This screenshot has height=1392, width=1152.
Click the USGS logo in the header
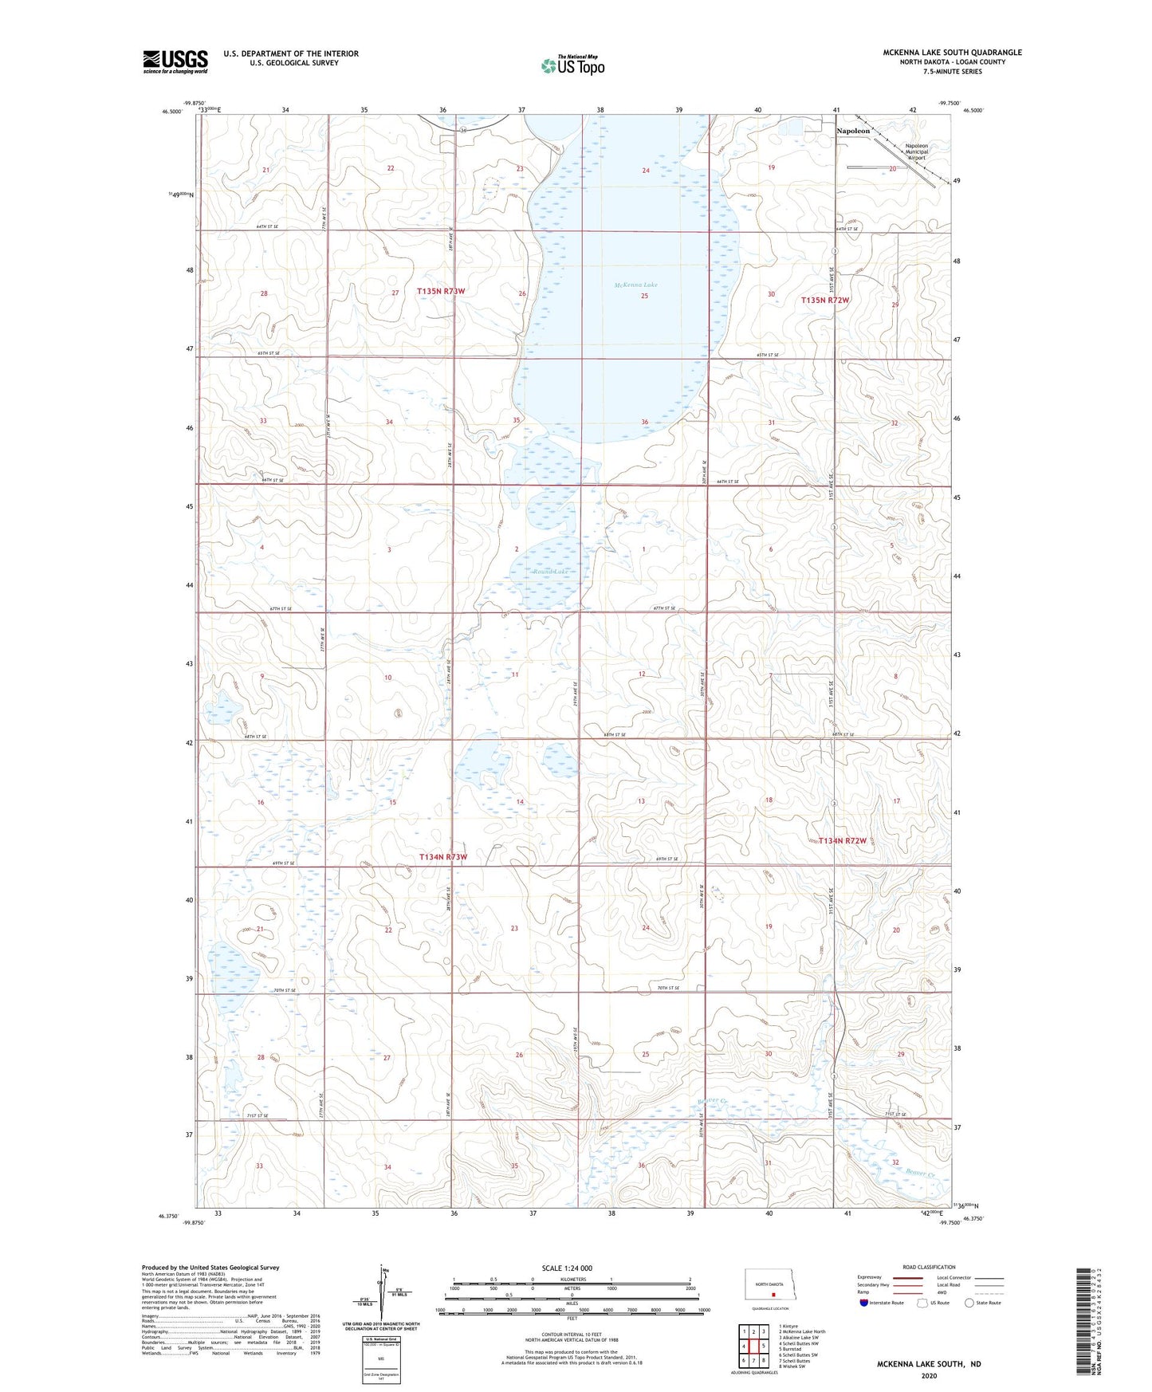(175, 61)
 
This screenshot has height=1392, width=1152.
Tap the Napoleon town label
(852, 131)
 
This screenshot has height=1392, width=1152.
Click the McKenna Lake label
(635, 285)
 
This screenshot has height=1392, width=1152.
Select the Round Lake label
(551, 572)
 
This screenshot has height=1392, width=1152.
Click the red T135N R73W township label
(440, 292)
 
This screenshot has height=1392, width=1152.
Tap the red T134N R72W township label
(842, 840)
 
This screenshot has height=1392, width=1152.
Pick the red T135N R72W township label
(825, 301)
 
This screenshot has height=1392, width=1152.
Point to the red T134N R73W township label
(442, 857)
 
